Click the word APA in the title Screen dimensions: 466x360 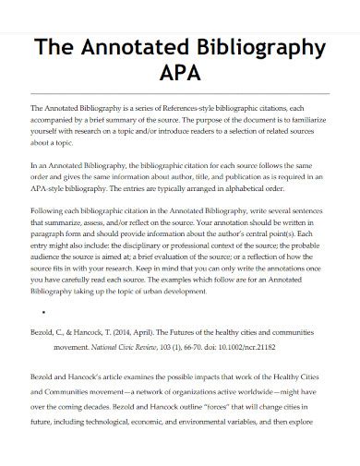(x=179, y=73)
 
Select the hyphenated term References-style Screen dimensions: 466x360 (x=189, y=108)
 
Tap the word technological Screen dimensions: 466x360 (x=128, y=443)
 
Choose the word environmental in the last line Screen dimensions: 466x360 (x=221, y=443)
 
